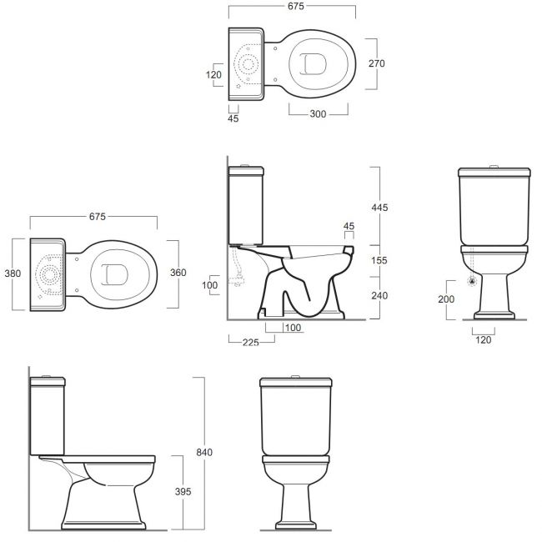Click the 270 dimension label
376,63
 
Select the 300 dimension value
318,113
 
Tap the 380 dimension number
13,274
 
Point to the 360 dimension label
178,273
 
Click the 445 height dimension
379,208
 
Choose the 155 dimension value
379,260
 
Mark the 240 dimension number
379,295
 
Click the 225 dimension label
251,343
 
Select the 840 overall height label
204,452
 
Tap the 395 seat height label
183,491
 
